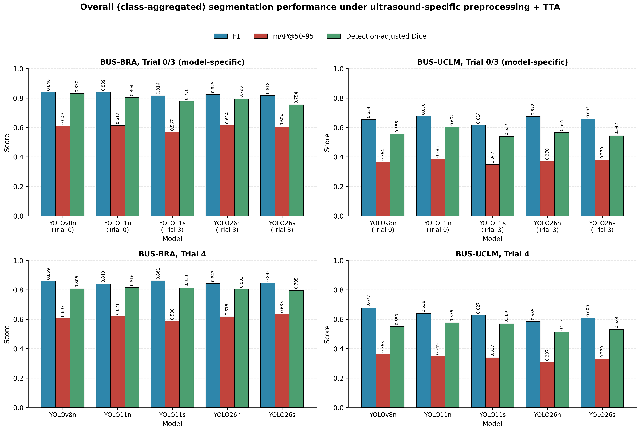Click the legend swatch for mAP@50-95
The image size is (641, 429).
click(x=261, y=36)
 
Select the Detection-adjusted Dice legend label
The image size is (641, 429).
click(x=386, y=36)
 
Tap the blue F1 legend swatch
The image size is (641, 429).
click(x=221, y=36)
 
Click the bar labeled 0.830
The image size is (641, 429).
click(x=77, y=155)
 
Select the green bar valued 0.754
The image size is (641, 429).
click(x=296, y=160)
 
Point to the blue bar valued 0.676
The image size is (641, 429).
click(x=423, y=166)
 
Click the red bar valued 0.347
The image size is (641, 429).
click(x=492, y=190)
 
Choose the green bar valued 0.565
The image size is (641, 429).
click(x=562, y=174)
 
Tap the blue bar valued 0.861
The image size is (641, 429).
click(x=158, y=344)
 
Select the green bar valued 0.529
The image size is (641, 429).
click(x=616, y=368)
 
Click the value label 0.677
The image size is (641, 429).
click(x=368, y=301)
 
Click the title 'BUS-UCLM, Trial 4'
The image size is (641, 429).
click(x=492, y=254)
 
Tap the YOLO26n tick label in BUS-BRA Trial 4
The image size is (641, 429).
click(x=227, y=415)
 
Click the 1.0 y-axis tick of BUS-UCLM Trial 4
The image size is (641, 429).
click(x=339, y=261)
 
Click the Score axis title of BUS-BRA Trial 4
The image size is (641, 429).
click(x=7, y=334)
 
